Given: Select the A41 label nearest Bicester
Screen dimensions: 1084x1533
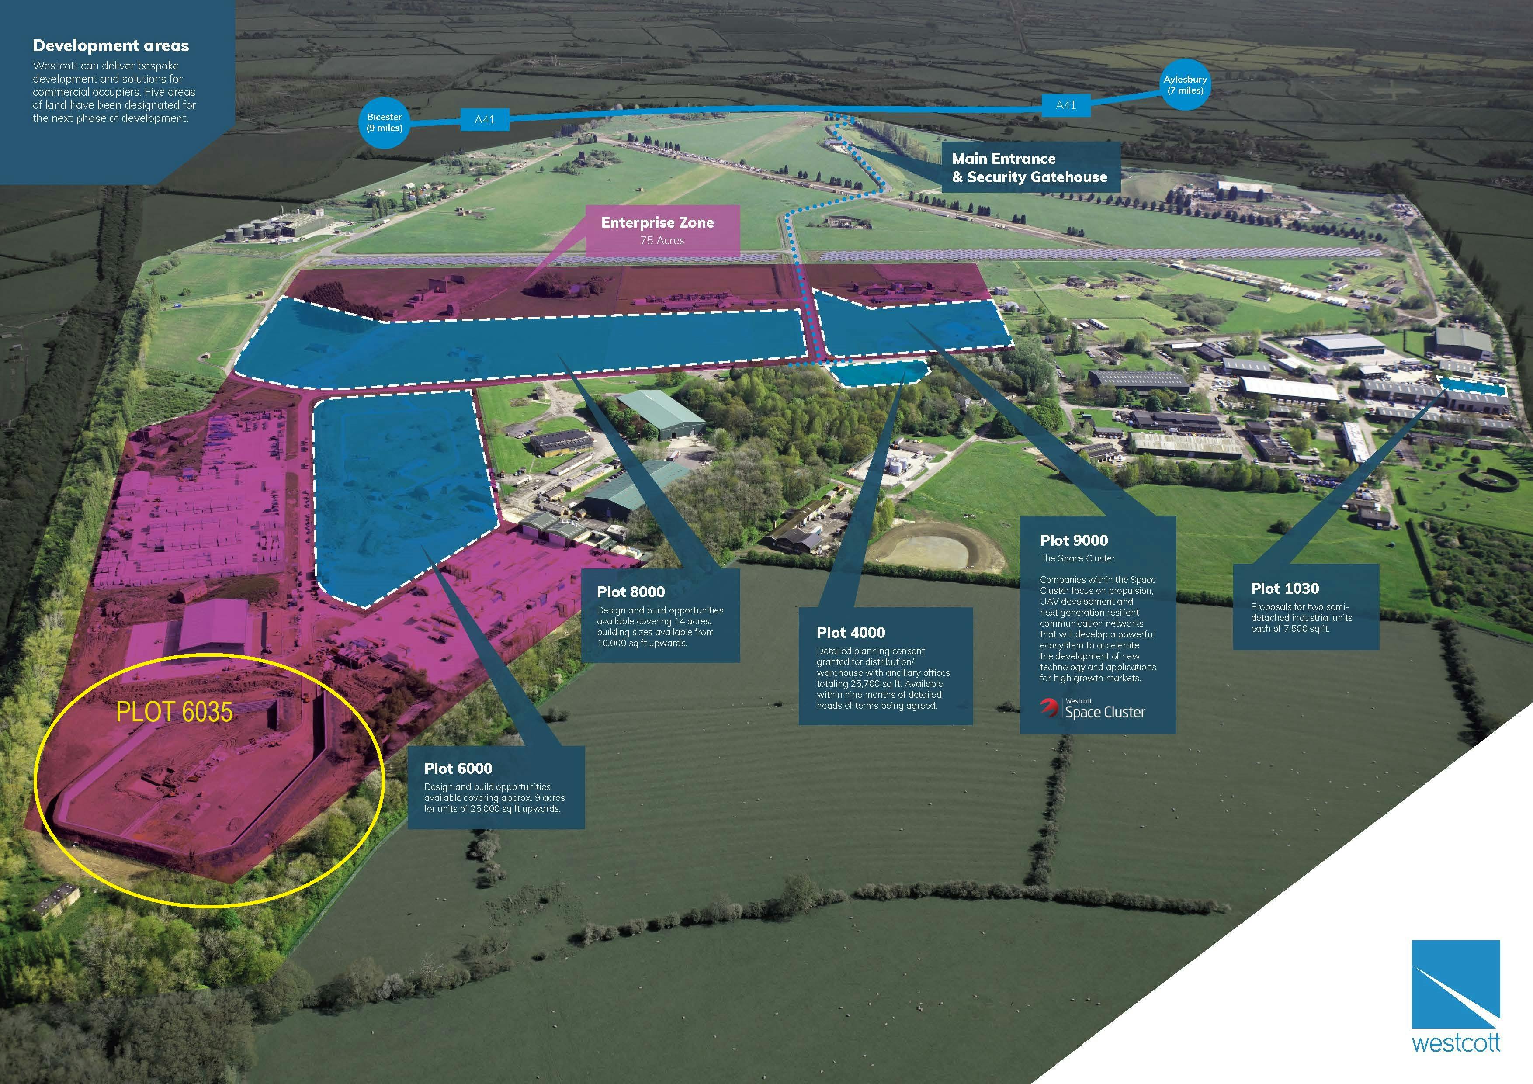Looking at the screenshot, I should point(485,119).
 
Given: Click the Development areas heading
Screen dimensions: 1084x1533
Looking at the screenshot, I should point(111,45).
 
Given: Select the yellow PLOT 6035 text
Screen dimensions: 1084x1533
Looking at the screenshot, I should point(174,712).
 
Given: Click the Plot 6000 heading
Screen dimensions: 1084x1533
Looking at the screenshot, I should point(458,768).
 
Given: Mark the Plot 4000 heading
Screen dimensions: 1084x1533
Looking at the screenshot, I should point(851,632).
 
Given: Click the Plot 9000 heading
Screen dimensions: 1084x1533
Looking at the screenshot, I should point(1074,540).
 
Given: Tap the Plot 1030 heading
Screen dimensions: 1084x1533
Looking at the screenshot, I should point(1285,588).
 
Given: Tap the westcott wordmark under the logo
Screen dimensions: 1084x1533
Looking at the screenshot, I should point(1456,1042).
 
